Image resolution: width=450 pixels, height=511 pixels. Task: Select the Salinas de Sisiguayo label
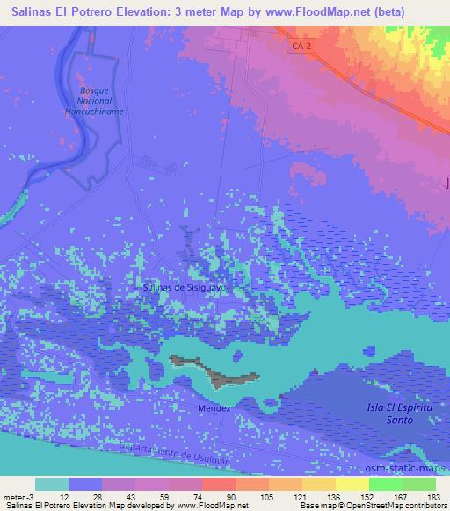(185, 286)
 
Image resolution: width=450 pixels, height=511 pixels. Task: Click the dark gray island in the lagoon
(218, 373)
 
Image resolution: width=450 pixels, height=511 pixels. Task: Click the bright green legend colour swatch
(385, 484)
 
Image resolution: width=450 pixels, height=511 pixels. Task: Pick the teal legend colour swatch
(52, 484)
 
